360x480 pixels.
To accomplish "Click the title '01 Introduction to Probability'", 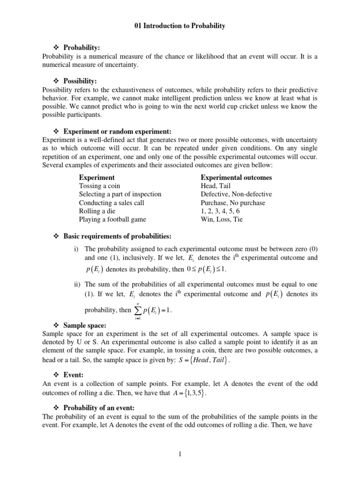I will tap(180, 26).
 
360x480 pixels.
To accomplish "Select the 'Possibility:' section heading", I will tap(80, 81).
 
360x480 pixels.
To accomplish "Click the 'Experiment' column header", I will tap(97, 178).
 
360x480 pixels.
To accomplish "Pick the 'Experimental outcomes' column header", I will tap(236, 178).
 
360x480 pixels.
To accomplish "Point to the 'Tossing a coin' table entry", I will tap(99, 186).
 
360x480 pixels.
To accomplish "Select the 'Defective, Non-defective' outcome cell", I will tap(236, 194).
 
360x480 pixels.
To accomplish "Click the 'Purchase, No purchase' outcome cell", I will tap(232, 203).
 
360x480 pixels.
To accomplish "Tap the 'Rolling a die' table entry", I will tap(97, 211).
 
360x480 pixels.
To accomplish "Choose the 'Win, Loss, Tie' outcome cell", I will tap(222, 219).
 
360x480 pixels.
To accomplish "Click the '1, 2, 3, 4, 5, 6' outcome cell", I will tap(219, 211).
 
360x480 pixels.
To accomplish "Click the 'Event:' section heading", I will tap(73, 375).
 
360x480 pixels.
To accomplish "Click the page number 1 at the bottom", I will tap(180, 454).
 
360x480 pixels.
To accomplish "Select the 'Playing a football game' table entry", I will tap(112, 219).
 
